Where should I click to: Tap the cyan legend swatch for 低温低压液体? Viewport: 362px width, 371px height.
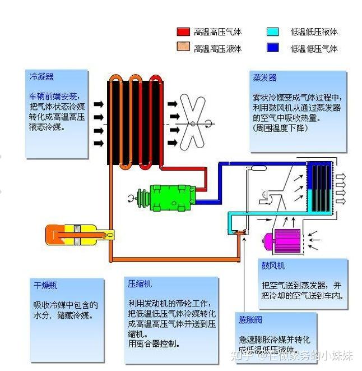[273, 32]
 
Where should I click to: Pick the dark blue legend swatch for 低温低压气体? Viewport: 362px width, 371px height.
[273, 48]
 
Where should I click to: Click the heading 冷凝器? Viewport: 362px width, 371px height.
[42, 77]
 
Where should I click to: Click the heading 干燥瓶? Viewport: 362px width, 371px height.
[45, 285]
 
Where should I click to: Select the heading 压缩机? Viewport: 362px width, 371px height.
[140, 284]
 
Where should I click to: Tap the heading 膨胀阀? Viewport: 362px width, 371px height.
[250, 320]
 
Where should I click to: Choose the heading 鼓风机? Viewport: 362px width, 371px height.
[273, 265]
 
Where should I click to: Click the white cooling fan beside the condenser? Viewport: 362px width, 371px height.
[193, 120]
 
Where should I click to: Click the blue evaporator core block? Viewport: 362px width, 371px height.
[320, 185]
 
